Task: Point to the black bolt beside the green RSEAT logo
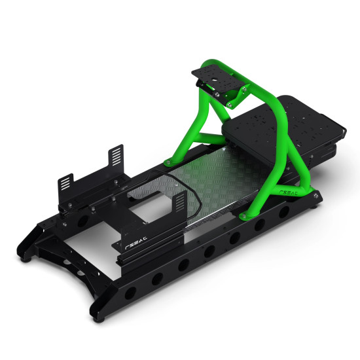[x=317, y=194]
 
